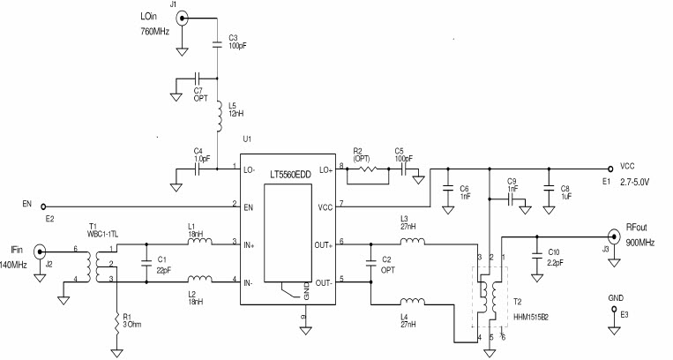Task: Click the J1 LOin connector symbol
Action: (x=181, y=19)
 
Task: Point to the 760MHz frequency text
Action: (x=155, y=32)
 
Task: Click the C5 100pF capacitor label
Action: (x=404, y=155)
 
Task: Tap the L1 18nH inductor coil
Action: (x=198, y=241)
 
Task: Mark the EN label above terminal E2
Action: (x=26, y=205)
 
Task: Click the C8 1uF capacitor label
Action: (x=565, y=192)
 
